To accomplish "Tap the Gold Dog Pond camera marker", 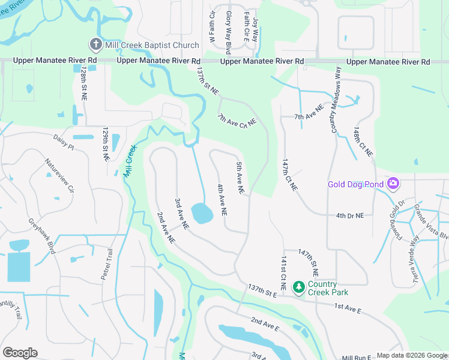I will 394,183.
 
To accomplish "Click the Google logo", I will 20,352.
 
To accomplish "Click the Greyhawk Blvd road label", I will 41,235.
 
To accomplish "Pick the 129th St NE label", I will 106,143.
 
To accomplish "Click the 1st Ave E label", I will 348,310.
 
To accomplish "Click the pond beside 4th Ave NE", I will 202,212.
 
